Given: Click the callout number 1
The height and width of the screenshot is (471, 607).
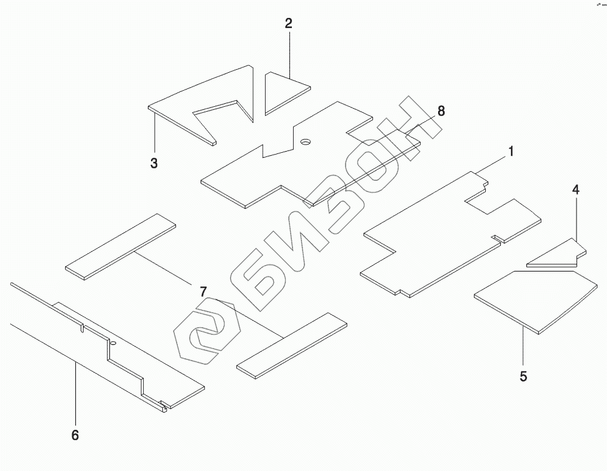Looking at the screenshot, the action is tap(511, 152).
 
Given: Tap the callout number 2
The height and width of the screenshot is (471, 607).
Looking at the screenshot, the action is tap(288, 24).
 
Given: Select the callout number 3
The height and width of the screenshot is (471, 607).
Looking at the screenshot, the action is tap(154, 164).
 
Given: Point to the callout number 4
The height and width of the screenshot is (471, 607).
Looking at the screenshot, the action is tap(575, 190).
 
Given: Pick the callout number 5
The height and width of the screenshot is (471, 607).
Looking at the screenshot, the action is tap(523, 377).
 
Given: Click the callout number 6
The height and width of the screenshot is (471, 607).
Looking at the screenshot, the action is tap(75, 435).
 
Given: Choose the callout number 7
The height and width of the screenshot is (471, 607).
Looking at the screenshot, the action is tap(203, 291).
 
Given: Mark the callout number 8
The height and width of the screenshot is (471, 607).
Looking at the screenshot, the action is tap(441, 111).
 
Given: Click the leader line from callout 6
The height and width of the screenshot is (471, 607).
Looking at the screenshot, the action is tap(75, 394).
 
